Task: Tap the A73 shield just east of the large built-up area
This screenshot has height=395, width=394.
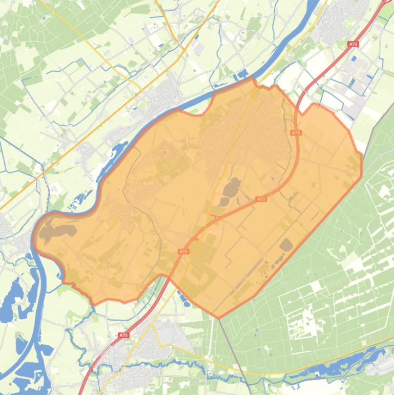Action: (296, 133)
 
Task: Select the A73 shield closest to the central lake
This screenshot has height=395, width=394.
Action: (261, 199)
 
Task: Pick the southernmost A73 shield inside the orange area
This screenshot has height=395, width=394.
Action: (183, 251)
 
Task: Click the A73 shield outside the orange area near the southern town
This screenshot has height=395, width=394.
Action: (123, 335)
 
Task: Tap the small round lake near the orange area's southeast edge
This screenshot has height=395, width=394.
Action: (285, 245)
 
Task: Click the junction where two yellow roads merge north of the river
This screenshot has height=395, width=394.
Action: (183, 49)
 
